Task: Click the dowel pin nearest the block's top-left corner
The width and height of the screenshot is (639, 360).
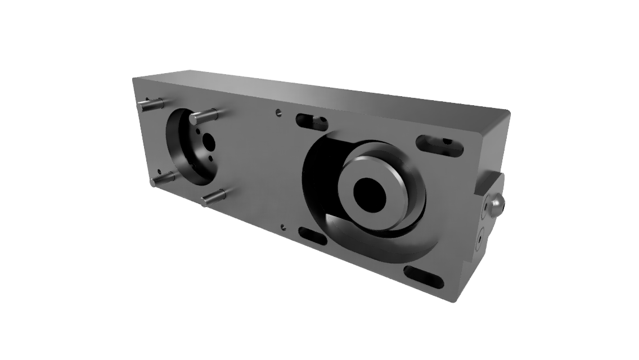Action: pos(150,104)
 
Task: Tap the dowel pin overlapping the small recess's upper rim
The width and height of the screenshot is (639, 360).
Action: pos(202,116)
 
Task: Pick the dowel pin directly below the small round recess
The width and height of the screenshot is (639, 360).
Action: pos(214,197)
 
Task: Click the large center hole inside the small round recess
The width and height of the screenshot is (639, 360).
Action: pos(208,140)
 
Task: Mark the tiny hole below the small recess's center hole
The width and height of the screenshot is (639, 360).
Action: pos(211,158)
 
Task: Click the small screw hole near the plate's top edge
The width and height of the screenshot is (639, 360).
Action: pos(277,112)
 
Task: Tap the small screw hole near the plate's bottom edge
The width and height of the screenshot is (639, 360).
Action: pos(283,227)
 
